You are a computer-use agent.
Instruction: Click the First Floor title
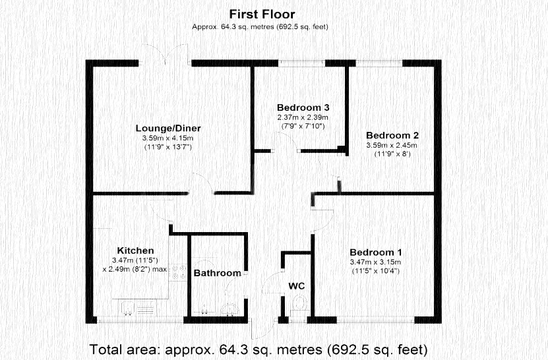[x=262, y=15]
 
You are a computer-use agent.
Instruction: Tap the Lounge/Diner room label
[x=168, y=129]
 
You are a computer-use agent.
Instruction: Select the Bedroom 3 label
[x=303, y=107]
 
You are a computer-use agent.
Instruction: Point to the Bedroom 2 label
[x=392, y=135]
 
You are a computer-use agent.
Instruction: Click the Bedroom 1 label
[x=376, y=253]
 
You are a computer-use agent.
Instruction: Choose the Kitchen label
[x=135, y=251]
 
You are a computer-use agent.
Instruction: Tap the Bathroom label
[x=218, y=273]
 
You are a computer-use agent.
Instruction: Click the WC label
[x=296, y=286]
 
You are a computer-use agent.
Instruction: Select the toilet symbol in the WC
[x=299, y=303]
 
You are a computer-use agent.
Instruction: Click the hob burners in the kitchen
[x=178, y=272]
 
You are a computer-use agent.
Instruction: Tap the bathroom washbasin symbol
[x=229, y=309]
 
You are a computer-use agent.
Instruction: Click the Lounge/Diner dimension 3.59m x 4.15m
[x=168, y=138]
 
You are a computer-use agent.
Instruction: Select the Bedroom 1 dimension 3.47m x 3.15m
[x=375, y=262]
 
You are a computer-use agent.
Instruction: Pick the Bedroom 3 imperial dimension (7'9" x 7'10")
[x=303, y=126]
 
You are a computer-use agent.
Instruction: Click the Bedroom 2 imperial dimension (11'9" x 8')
[x=392, y=154]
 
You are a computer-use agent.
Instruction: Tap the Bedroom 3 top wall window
[x=302, y=63]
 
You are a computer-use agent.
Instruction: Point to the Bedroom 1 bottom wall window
[x=376, y=320]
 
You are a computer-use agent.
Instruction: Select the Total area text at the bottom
[x=259, y=349]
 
